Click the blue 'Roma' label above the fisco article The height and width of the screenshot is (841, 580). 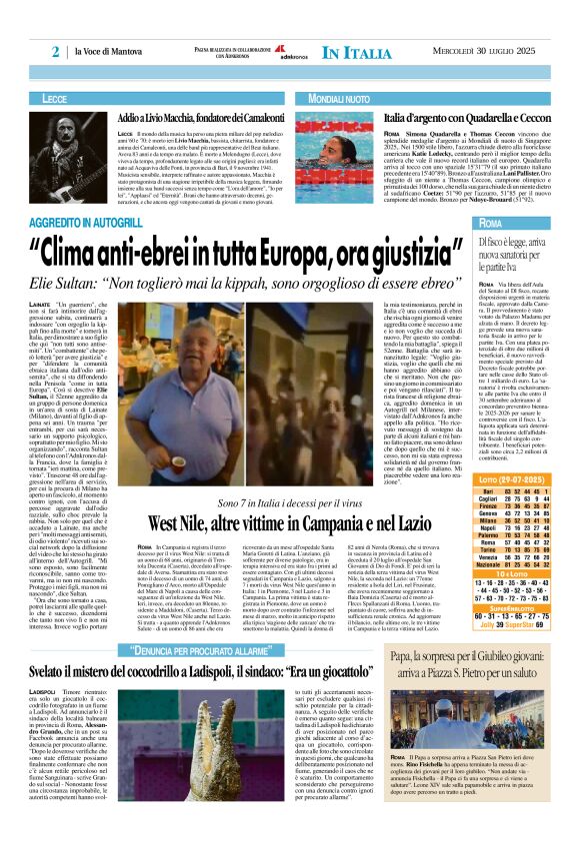(x=492, y=222)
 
